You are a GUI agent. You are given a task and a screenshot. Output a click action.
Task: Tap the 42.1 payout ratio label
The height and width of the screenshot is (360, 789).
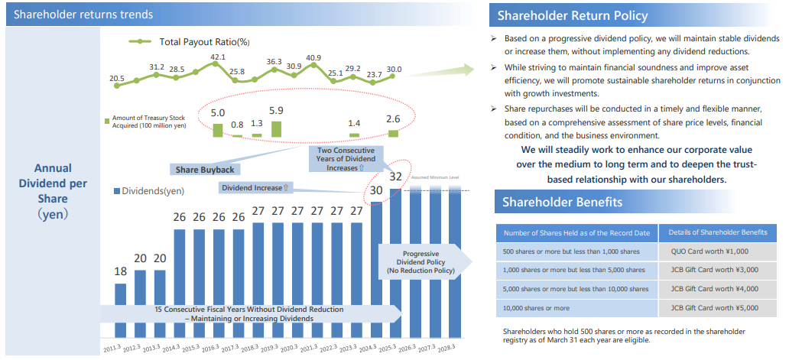pos(218,57)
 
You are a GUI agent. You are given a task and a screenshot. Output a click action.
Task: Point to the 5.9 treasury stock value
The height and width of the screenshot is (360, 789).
pos(276,111)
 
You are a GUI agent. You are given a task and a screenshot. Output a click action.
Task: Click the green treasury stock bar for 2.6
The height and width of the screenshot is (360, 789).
pos(393,134)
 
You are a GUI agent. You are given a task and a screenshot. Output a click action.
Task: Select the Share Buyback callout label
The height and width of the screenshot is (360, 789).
pos(205,169)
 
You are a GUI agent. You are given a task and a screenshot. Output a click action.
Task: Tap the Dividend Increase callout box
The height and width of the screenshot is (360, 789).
pos(255,187)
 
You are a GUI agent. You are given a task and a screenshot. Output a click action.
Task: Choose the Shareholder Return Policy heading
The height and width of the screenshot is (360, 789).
pos(573,15)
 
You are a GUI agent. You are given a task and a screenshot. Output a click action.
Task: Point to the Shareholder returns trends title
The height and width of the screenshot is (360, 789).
pos(83,15)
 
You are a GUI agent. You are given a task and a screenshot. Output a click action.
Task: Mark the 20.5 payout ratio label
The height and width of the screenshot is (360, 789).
pos(117,78)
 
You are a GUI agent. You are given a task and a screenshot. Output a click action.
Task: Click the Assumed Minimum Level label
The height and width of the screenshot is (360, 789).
pos(435,177)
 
